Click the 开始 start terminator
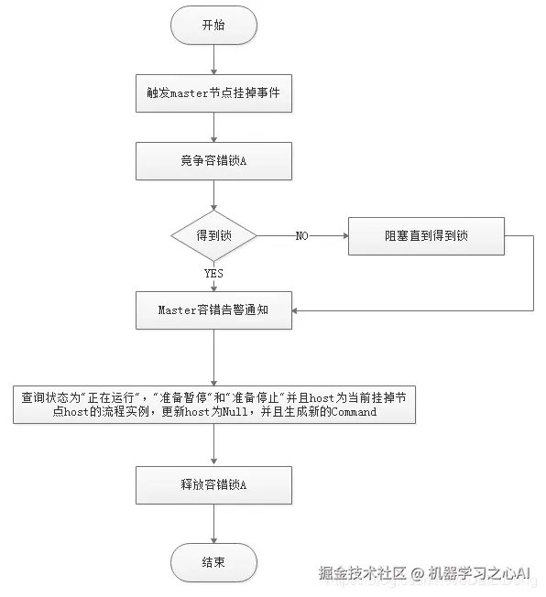[213, 25]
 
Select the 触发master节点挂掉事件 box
[213, 93]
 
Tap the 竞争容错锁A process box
[213, 160]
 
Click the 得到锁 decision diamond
[213, 235]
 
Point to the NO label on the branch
[301, 236]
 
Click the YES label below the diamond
[213, 272]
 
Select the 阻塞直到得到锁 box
[426, 235]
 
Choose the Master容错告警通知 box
[213, 310]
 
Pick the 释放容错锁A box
[213, 484]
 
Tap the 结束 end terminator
[213, 561]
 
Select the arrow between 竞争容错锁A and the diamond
[213, 195]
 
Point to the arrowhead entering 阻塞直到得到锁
[344, 235]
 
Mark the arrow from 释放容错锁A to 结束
[213, 523]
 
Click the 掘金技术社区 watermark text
[358, 574]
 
